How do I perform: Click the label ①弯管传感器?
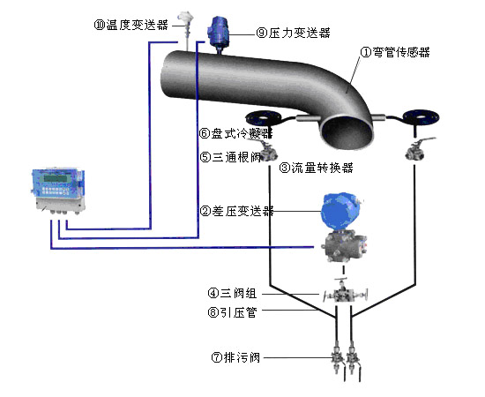395,52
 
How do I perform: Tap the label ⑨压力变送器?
294,33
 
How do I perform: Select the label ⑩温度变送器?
131,25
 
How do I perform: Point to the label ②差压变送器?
237,211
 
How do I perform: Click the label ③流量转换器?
316,168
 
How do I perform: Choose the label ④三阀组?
232,293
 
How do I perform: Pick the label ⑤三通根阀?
230,157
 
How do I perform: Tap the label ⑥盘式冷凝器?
236,133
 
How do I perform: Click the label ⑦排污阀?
235,357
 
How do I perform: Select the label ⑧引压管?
232,312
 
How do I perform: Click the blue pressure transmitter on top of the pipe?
219,32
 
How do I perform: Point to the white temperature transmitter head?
185,17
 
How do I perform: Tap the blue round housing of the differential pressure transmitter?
340,212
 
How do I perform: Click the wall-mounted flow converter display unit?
58,191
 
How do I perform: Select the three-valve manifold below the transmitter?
345,293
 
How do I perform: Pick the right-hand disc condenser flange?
421,117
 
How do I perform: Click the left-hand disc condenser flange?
263,118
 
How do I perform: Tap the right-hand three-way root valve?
417,149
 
